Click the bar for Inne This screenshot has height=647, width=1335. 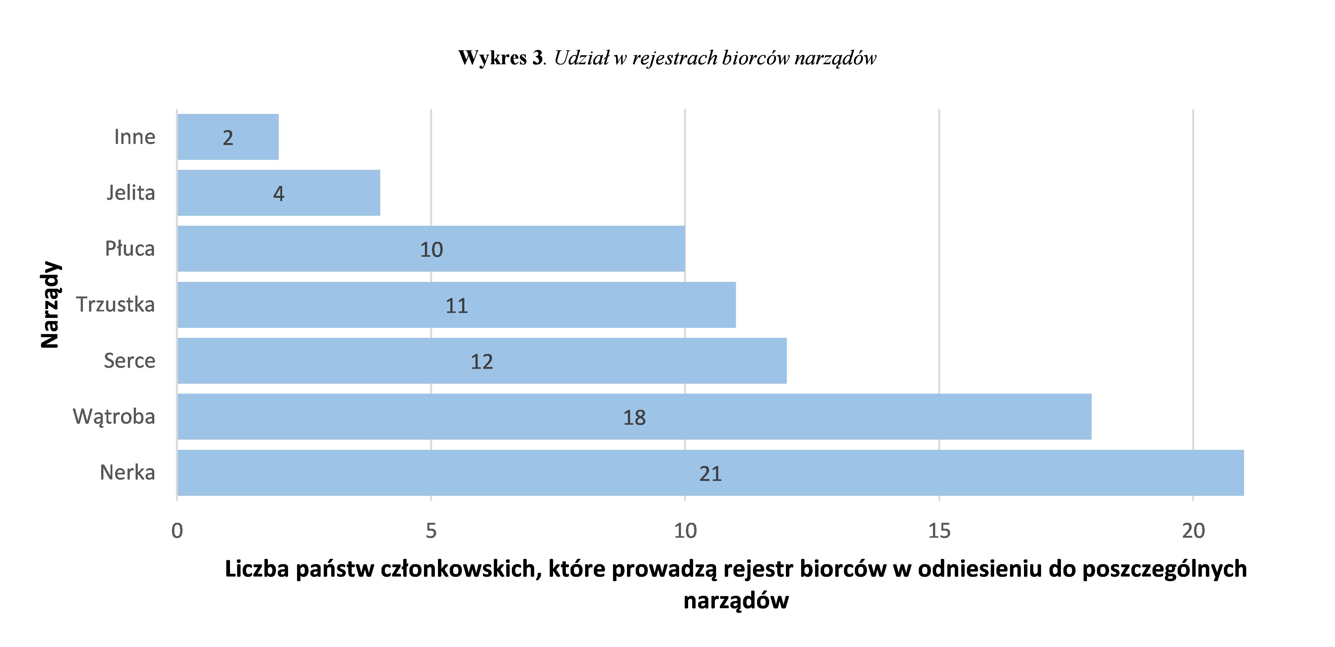point(228,137)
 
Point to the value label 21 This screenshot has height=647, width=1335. point(710,474)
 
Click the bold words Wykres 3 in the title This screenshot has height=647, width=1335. point(500,57)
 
